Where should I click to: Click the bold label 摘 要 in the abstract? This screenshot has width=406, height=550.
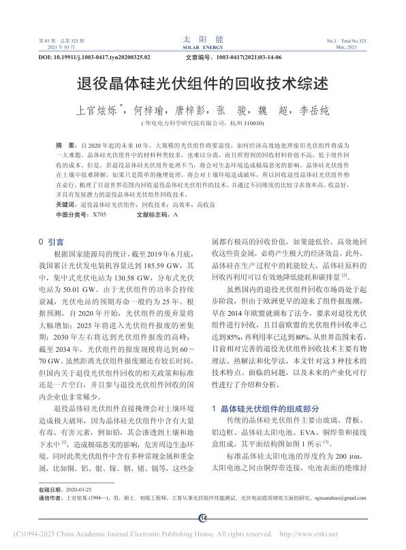66,146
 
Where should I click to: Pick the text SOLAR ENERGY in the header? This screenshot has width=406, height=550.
203,48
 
